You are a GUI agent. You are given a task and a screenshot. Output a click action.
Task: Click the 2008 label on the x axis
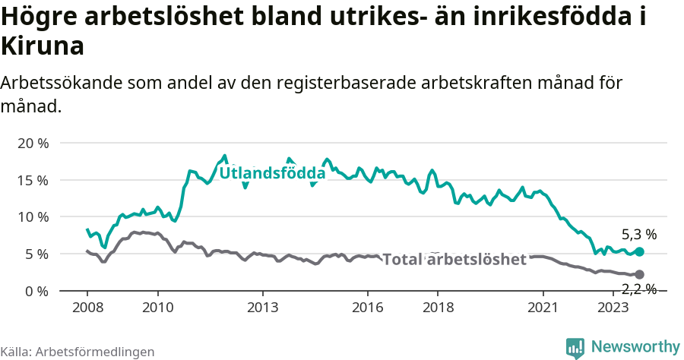pyautogui.click(x=87, y=307)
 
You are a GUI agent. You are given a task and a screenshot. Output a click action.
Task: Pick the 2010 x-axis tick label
pyautogui.click(x=158, y=307)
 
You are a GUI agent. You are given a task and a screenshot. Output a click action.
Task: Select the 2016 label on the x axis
pyautogui.click(x=367, y=307)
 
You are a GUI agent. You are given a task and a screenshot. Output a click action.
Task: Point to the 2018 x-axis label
pyautogui.click(x=438, y=307)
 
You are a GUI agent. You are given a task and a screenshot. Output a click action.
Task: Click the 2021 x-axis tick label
pyautogui.click(x=543, y=307)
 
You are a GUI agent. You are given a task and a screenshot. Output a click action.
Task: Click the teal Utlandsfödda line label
pyautogui.click(x=272, y=174)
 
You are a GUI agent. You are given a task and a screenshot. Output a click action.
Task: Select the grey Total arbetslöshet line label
pyautogui.click(x=454, y=260)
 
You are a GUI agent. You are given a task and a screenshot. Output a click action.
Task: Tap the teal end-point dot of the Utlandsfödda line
pyautogui.click(x=639, y=251)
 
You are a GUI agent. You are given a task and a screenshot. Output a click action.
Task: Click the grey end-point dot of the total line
pyautogui.click(x=639, y=274)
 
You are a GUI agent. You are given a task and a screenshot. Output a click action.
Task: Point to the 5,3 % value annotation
pyautogui.click(x=638, y=235)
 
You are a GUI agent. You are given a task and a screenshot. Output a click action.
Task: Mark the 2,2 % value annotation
pyautogui.click(x=638, y=289)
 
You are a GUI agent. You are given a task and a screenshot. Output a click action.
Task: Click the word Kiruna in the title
pyautogui.click(x=43, y=47)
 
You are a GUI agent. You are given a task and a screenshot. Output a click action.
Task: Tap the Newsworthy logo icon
pyautogui.click(x=575, y=347)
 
